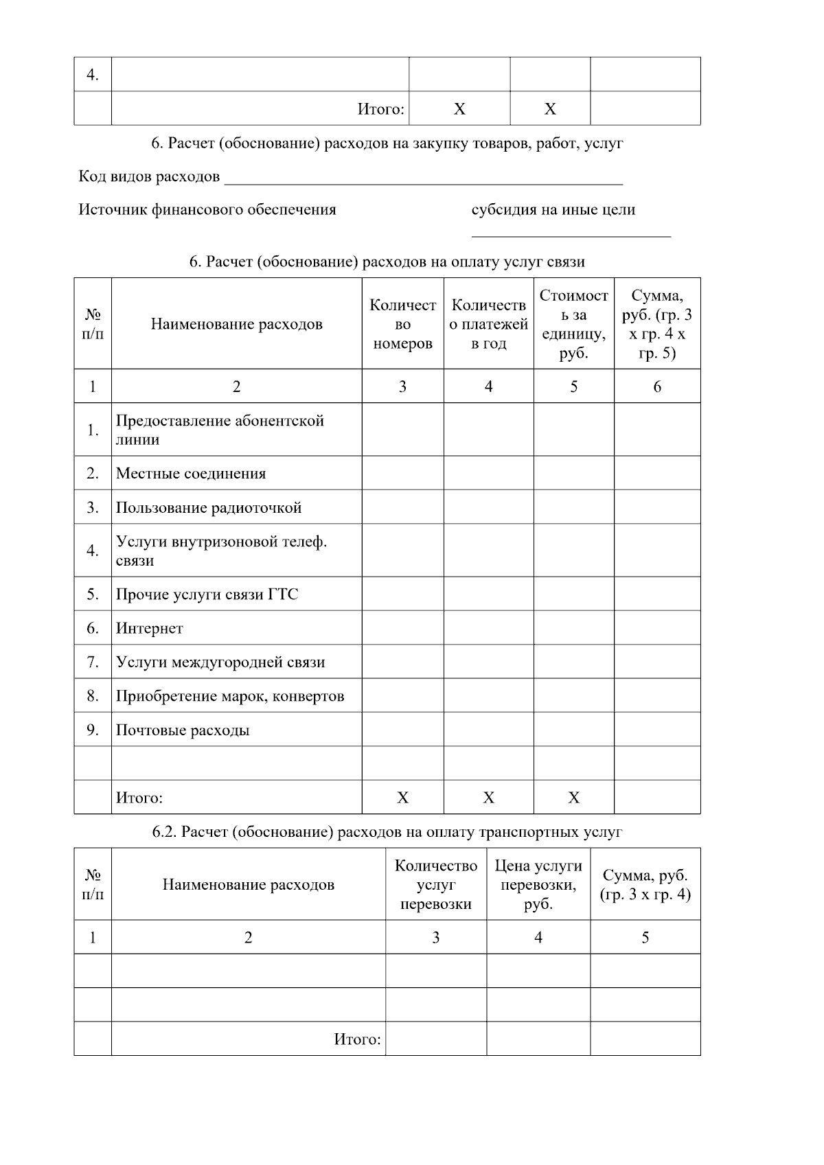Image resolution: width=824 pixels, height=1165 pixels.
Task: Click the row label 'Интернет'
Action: tap(149, 628)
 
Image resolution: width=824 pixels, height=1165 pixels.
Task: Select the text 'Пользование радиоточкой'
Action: tap(208, 507)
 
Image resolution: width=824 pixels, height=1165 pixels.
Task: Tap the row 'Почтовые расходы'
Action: tap(182, 730)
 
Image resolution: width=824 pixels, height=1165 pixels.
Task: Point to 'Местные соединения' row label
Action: tap(190, 473)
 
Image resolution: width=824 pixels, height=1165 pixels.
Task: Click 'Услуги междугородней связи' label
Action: tap(220, 662)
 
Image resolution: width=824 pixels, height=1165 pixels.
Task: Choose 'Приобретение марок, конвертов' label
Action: tap(229, 696)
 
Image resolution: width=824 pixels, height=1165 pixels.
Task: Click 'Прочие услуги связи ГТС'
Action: tap(207, 594)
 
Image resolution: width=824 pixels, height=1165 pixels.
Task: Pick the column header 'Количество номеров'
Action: tap(402, 324)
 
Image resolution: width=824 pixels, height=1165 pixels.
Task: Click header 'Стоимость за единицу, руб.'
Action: tap(573, 324)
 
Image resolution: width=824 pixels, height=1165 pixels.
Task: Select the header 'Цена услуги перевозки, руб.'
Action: tap(538, 884)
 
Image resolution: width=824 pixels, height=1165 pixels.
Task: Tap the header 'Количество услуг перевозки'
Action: tap(435, 884)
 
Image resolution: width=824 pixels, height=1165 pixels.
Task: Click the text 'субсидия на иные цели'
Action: tap(553, 209)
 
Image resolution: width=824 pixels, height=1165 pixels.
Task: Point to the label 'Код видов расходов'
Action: tap(149, 177)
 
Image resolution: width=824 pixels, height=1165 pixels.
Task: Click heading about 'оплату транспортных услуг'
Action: tap(387, 831)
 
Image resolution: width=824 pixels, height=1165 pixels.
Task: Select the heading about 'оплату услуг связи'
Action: tap(387, 262)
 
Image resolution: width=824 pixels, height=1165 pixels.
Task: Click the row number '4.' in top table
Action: tap(92, 74)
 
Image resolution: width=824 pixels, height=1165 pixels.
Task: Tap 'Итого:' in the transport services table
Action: tap(357, 1039)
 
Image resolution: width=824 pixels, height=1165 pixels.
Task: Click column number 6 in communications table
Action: tap(656, 387)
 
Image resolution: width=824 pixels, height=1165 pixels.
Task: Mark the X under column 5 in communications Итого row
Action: tap(573, 797)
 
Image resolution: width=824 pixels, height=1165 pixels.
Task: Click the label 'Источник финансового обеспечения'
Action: tap(207, 209)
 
